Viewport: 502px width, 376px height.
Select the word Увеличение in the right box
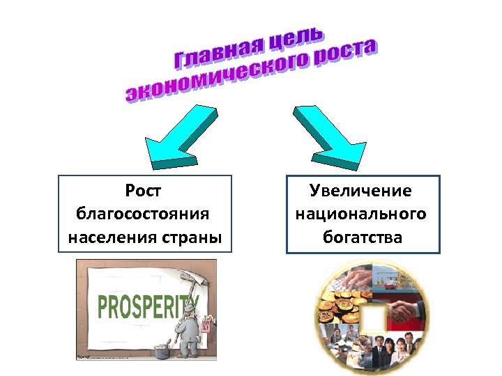coord(361,190)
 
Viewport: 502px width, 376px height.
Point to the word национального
coord(361,214)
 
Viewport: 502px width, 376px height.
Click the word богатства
coord(363,237)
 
